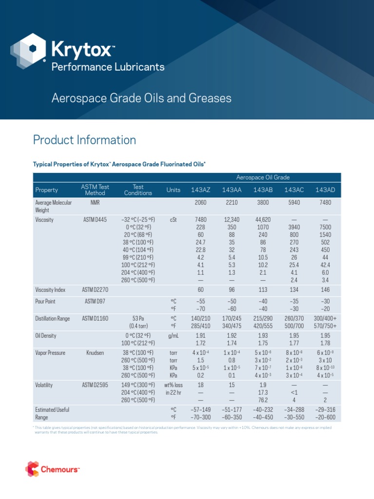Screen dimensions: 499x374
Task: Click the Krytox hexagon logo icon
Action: click(x=29, y=51)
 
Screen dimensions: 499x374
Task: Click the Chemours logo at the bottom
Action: click(x=52, y=469)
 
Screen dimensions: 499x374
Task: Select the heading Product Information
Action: click(x=84, y=140)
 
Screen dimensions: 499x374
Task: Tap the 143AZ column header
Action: click(x=200, y=190)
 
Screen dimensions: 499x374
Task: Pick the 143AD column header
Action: click(x=325, y=190)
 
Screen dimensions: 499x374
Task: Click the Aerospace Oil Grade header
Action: click(x=263, y=178)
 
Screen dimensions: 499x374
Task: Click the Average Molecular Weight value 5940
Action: click(x=294, y=202)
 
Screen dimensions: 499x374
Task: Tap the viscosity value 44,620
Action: click(x=262, y=220)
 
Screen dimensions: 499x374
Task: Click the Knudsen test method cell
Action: click(x=95, y=352)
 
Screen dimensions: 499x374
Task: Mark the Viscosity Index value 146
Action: click(x=325, y=289)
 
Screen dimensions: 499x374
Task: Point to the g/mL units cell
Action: click(x=173, y=336)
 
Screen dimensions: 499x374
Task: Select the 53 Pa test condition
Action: click(x=138, y=319)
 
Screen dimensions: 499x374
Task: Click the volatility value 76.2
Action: click(x=262, y=400)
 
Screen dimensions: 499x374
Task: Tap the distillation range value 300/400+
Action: click(x=325, y=319)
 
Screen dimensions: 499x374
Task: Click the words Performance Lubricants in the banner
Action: click(x=108, y=67)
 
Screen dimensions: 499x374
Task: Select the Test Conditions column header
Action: click(x=138, y=190)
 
